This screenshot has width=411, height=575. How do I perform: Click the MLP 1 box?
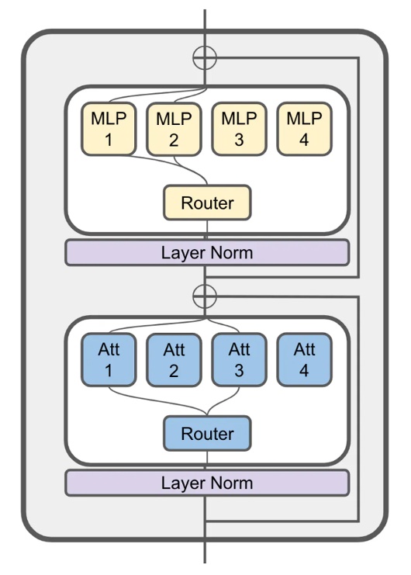click(107, 130)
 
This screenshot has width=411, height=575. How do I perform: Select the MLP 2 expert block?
click(173, 130)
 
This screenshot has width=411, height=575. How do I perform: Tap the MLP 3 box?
click(238, 130)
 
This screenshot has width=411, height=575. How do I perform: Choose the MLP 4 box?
click(303, 130)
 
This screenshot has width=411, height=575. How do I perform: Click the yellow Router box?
click(206, 203)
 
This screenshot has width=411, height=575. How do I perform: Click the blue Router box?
click(206, 434)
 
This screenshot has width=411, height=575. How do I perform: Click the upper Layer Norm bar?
click(206, 253)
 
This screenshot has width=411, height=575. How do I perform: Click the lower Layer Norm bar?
click(206, 483)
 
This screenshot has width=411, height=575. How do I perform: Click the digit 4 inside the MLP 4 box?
click(303, 140)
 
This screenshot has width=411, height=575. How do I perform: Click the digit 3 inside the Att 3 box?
click(238, 371)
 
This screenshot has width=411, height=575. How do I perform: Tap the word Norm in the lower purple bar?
click(230, 483)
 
